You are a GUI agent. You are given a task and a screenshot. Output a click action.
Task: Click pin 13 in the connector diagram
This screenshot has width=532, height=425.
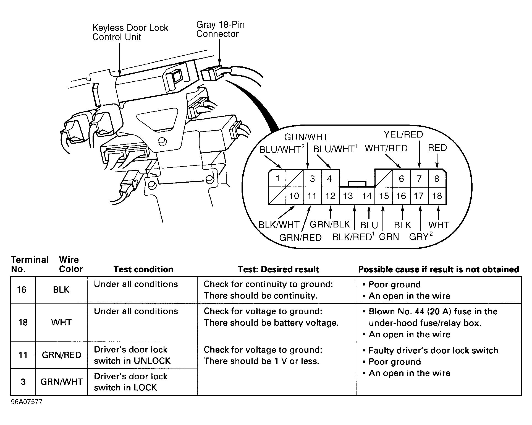tap(348, 196)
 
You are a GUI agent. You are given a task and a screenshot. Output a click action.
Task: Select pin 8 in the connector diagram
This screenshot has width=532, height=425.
tap(437, 179)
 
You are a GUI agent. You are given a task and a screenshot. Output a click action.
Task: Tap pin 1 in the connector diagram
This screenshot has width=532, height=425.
tap(277, 178)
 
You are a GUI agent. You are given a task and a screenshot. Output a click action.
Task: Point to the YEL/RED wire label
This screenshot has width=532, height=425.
tap(403, 134)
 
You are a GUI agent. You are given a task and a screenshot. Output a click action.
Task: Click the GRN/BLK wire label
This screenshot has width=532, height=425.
tap(330, 224)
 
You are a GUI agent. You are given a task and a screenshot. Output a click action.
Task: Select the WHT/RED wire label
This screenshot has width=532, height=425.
tap(386, 148)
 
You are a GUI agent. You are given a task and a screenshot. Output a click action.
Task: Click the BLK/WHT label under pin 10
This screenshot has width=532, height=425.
tap(279, 225)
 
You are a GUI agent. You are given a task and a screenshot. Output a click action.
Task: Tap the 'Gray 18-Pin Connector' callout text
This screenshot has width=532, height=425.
tap(220, 29)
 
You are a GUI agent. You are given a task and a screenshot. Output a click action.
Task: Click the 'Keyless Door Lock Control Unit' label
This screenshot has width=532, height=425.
tap(130, 32)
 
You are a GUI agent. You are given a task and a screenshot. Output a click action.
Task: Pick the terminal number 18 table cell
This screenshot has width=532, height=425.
tap(23, 322)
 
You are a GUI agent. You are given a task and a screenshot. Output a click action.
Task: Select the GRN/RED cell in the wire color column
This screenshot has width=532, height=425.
tap(61, 355)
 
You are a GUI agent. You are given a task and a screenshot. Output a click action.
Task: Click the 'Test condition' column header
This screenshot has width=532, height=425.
tap(143, 269)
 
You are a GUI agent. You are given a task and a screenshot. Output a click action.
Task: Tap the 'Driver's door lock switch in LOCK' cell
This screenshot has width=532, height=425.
tap(131, 382)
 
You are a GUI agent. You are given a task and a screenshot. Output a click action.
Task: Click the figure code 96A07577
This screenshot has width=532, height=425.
tap(27, 402)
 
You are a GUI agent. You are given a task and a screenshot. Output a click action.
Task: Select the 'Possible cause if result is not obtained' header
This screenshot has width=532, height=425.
tap(438, 269)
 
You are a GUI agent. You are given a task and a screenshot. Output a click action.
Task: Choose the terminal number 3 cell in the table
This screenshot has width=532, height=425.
tap(23, 382)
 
